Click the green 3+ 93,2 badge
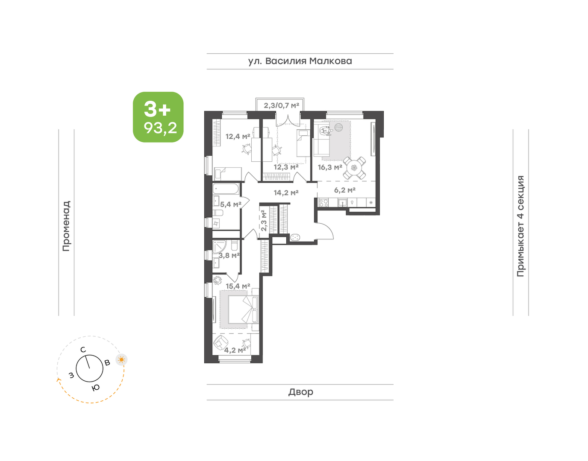[158, 117]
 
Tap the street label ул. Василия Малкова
[300, 61]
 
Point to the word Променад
[66, 226]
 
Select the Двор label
[301, 391]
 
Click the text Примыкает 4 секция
[520, 226]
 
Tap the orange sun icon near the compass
[121, 360]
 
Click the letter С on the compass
[83, 350]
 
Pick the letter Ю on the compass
[95, 388]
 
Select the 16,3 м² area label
[330, 167]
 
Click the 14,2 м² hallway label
[286, 193]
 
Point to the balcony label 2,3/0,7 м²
[282, 105]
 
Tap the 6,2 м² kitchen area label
[345, 190]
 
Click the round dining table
[354, 168]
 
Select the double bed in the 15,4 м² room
[244, 309]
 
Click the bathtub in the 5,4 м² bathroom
[226, 189]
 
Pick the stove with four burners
[323, 202]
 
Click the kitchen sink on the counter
[343, 202]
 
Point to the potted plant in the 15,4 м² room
[217, 280]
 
